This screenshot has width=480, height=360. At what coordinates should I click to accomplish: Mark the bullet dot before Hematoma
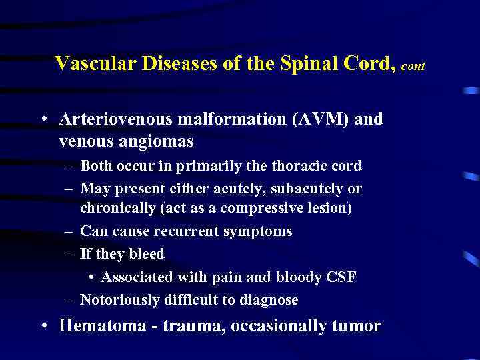[x=43, y=326]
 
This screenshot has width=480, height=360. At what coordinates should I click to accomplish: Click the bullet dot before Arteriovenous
[x=43, y=120]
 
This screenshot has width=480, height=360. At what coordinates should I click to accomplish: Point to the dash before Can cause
[x=69, y=231]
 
